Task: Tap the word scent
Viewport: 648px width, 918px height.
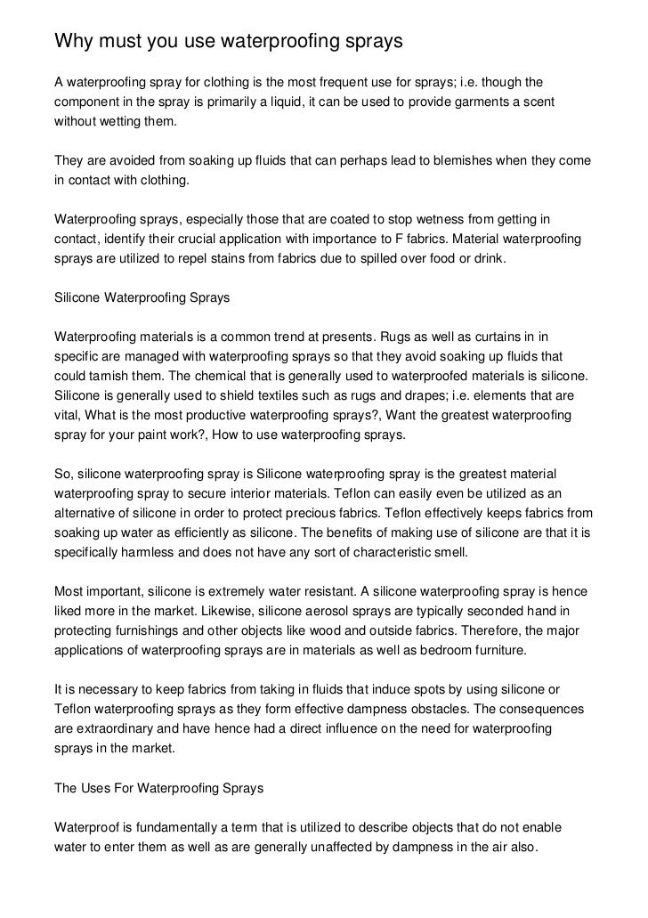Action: pos(536,102)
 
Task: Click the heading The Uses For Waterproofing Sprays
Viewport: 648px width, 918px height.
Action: pos(159,788)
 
